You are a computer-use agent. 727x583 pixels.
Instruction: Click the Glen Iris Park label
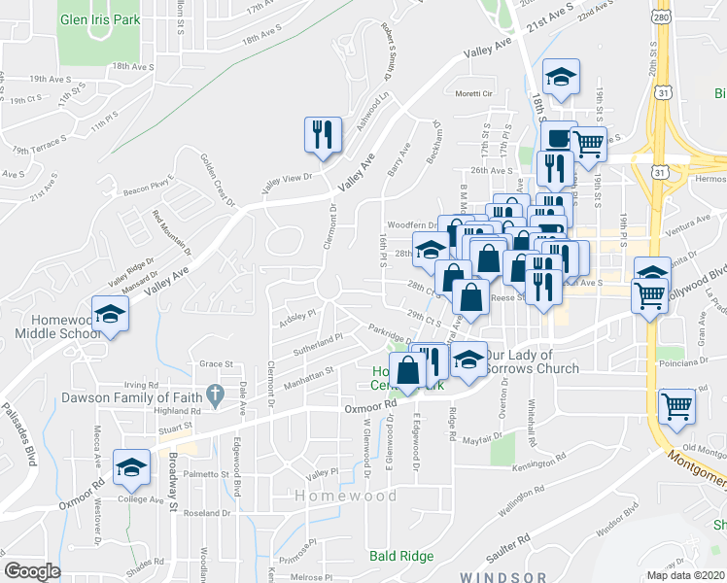pyautogui.click(x=100, y=19)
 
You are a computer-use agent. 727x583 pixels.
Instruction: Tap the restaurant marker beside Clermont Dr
pyautogui.click(x=324, y=135)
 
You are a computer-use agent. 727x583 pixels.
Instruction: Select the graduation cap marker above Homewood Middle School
pyautogui.click(x=111, y=316)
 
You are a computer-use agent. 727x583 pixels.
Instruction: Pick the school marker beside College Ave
pyautogui.click(x=130, y=467)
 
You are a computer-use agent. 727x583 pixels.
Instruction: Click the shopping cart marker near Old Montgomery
pyautogui.click(x=676, y=407)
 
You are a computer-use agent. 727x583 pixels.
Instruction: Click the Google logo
pyautogui.click(x=33, y=571)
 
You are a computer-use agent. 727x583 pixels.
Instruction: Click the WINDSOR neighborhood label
pyautogui.click(x=498, y=576)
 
